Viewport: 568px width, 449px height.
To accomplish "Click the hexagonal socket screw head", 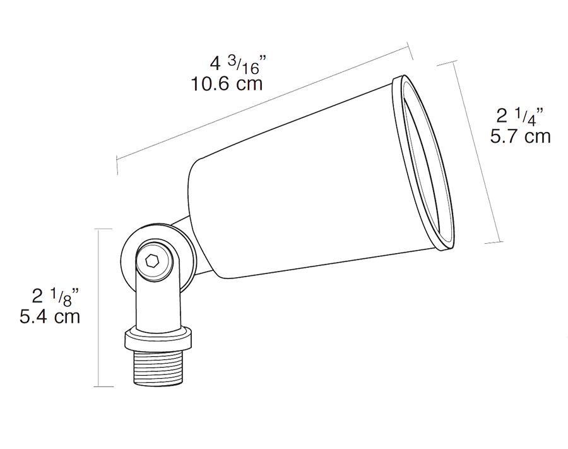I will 152,260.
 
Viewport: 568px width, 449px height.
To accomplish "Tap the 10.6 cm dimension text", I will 227,83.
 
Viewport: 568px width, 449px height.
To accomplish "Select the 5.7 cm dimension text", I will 520,135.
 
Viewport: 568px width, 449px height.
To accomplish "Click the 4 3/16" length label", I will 238,64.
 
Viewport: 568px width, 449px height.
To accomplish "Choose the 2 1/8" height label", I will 56,295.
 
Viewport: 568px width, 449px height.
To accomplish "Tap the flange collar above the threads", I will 157,338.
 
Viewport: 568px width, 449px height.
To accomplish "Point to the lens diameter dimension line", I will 478,152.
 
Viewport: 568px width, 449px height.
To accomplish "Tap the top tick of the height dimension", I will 104,229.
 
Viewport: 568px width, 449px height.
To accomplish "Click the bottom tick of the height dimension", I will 104,386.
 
